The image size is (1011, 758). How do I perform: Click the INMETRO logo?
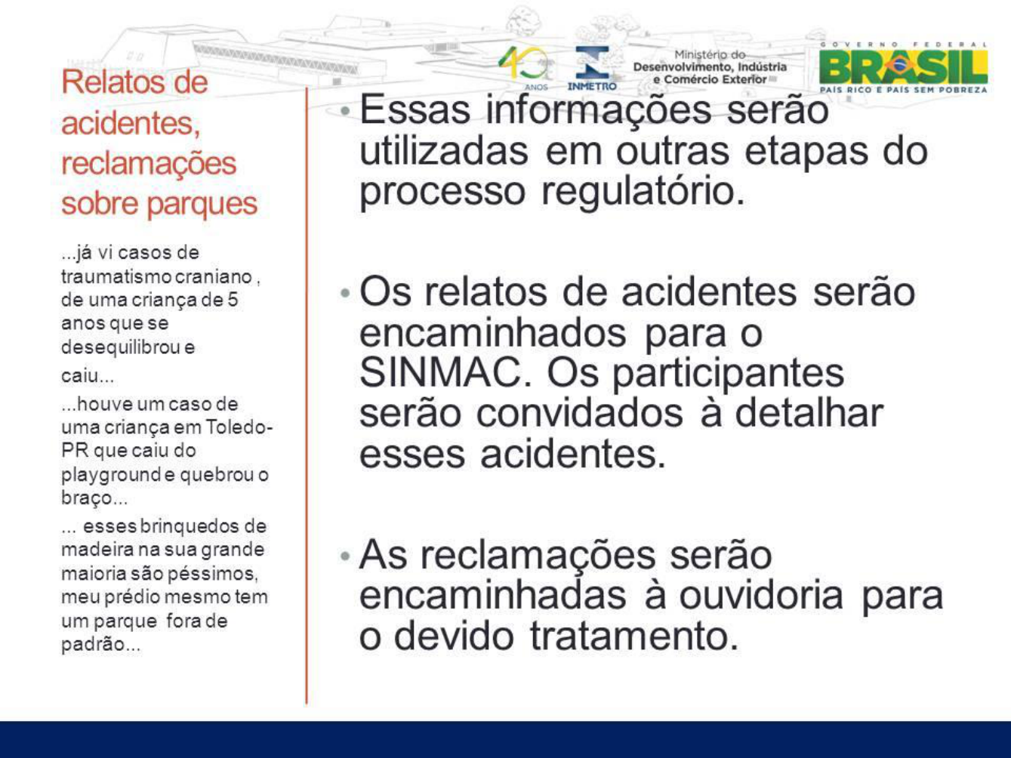point(592,68)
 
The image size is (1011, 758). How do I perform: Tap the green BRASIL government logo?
point(903,68)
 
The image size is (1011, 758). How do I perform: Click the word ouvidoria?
point(761,596)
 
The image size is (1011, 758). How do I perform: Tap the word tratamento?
point(634,636)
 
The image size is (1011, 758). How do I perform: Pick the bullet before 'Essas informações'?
point(346,111)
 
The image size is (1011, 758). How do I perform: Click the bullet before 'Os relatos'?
point(346,293)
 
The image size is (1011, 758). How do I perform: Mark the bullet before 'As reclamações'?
point(346,556)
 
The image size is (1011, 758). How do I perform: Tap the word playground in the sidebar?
point(112,476)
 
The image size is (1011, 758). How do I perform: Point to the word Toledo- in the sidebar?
point(239,427)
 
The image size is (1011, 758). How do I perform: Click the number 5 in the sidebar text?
point(233,300)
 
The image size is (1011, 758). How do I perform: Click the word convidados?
point(579,414)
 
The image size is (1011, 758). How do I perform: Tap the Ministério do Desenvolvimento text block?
point(710,67)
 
